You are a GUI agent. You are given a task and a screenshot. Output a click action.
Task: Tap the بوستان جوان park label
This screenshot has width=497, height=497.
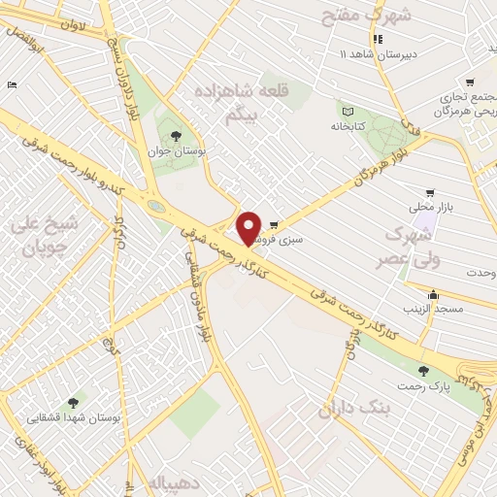[x=175, y=151]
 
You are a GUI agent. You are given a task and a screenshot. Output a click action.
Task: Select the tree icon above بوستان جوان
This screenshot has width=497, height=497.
[x=175, y=136]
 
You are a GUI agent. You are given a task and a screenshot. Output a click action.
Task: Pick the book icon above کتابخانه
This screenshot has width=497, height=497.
[x=348, y=110]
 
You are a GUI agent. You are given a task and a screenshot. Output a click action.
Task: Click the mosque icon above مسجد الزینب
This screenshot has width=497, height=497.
[x=433, y=295]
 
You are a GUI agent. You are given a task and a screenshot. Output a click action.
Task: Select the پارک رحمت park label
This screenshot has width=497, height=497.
[x=422, y=386]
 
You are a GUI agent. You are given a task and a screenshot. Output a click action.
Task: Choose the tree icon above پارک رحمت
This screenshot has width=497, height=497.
[x=422, y=370]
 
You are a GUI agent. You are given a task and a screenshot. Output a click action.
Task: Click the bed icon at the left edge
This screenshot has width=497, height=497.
[x=12, y=85]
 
